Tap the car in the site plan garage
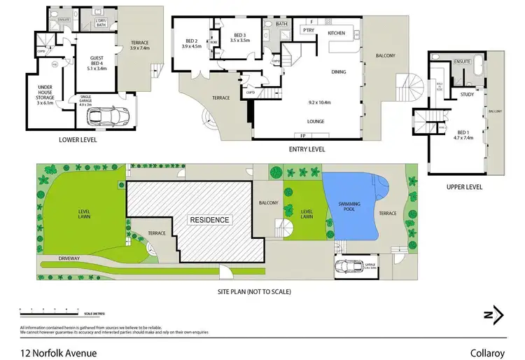tap(348, 266)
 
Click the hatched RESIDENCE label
tap(211, 220)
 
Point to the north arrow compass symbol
tap(494, 314)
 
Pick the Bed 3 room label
tap(241, 38)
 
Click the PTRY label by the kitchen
tap(308, 31)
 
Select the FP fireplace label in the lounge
tap(303, 135)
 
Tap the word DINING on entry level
tap(339, 72)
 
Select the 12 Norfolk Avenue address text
tap(58, 344)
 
